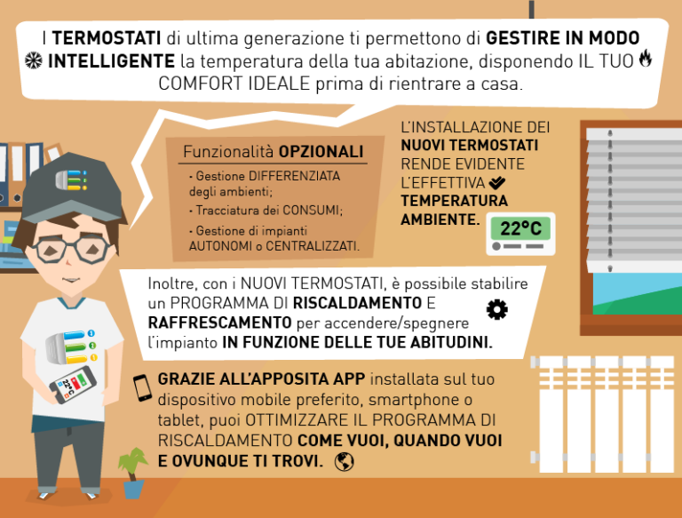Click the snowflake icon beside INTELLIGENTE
(x=34, y=60)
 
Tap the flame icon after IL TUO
(x=646, y=59)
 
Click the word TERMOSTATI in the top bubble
(x=107, y=38)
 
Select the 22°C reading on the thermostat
(x=520, y=228)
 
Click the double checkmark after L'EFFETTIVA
(x=496, y=183)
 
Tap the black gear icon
(x=496, y=309)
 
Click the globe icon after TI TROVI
(x=344, y=461)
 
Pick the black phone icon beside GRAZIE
(x=142, y=388)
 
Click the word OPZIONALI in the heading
(x=321, y=152)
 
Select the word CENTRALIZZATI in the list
(x=312, y=246)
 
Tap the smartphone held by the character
(x=73, y=385)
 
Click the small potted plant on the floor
(x=133, y=473)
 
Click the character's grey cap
(x=72, y=187)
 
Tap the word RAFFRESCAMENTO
(x=219, y=323)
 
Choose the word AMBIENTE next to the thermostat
(x=439, y=219)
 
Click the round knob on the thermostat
(x=496, y=246)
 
